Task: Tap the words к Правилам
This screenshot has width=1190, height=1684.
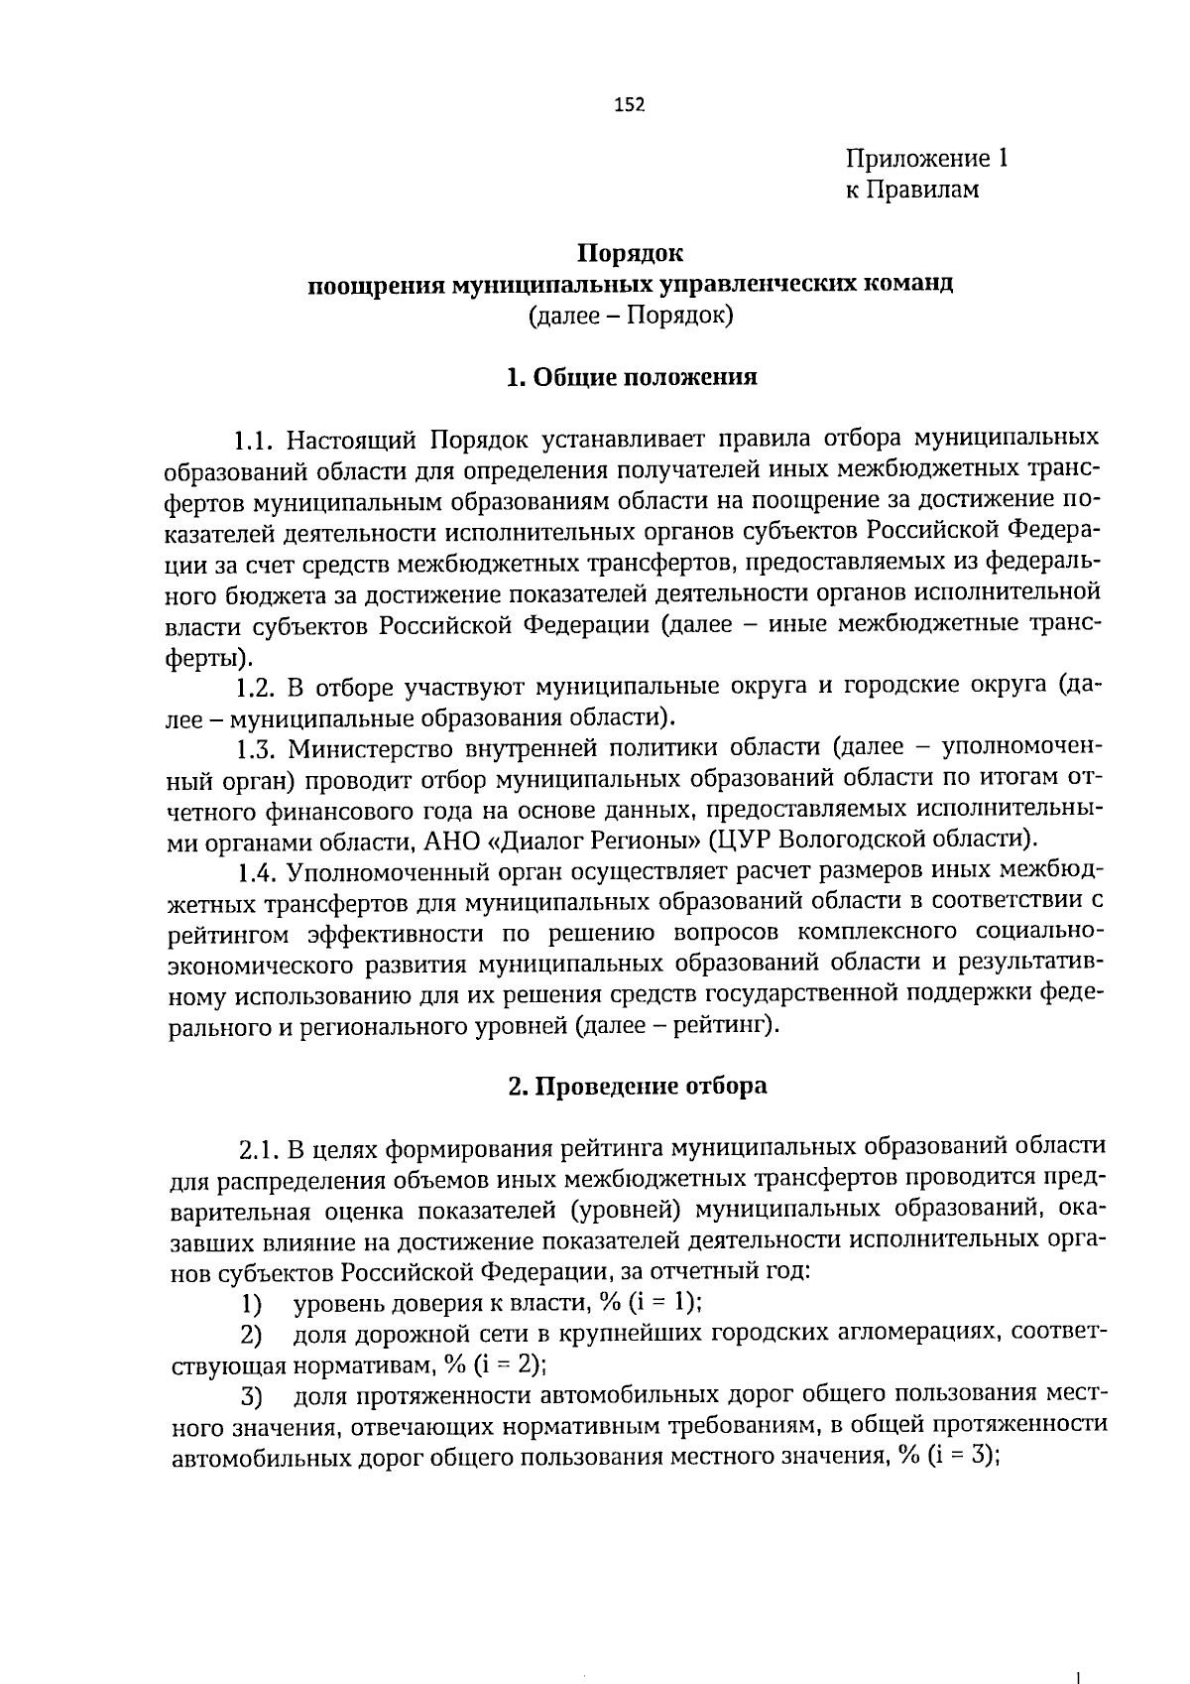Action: pos(911,190)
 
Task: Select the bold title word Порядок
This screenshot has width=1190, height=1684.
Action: pos(631,254)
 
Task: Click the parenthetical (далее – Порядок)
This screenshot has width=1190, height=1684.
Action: pos(631,317)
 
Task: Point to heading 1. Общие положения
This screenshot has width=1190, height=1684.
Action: pos(631,378)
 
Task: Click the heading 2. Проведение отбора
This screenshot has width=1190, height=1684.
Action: pos(637,1086)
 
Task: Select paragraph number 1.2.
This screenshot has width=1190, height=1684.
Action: pos(257,687)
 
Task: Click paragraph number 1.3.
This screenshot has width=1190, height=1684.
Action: pos(257,748)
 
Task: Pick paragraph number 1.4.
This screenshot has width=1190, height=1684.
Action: pos(257,872)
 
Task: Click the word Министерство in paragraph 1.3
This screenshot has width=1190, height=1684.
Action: pos(363,748)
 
